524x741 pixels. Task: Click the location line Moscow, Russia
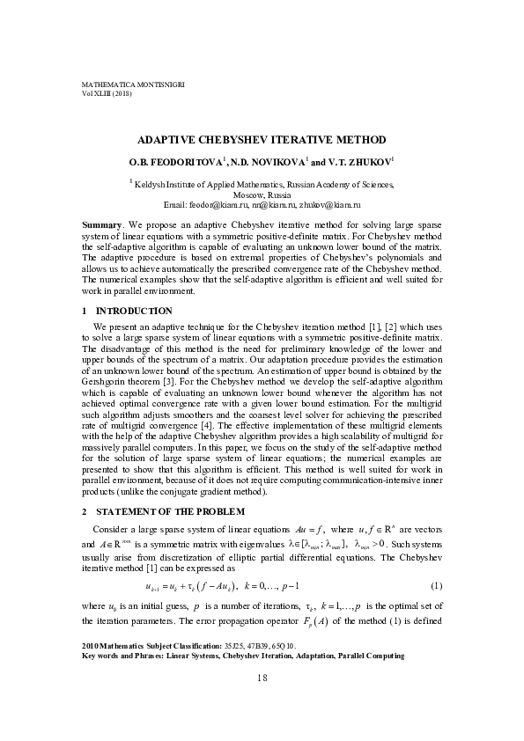[x=262, y=194]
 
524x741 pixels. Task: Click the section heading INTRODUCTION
[x=134, y=311]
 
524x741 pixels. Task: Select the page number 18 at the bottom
[x=262, y=701]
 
